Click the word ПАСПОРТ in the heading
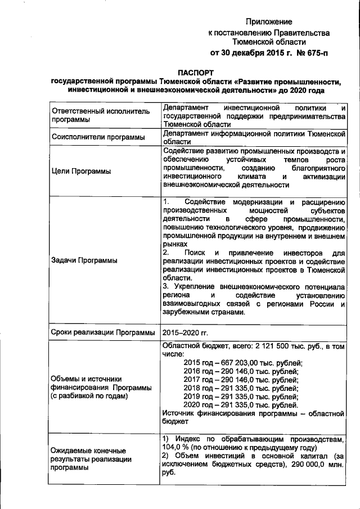click(x=196, y=73)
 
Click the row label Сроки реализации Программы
click(x=103, y=332)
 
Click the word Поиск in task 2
click(x=190, y=254)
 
